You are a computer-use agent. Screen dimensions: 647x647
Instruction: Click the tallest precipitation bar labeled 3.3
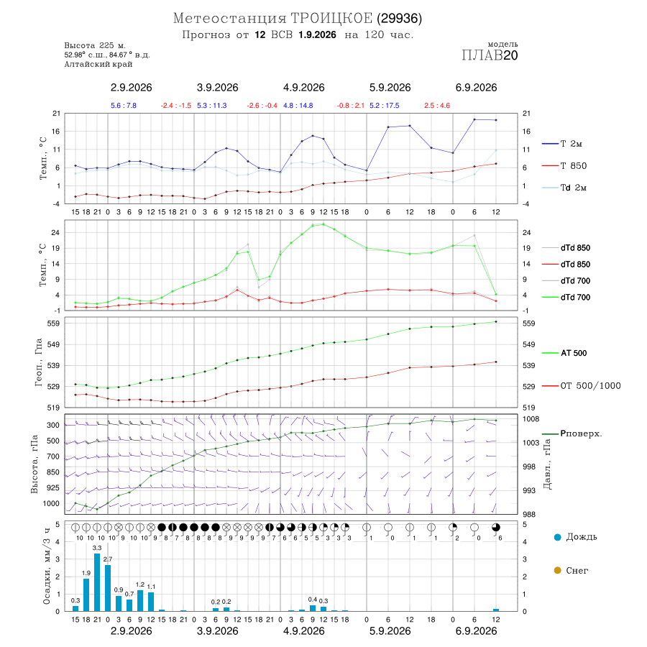pyautogui.click(x=97, y=582)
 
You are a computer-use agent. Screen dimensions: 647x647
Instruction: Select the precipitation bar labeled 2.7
pyautogui.click(x=108, y=588)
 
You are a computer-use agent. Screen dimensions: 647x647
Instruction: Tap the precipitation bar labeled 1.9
pyautogui.click(x=86, y=595)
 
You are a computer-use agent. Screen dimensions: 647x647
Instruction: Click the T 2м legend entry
pyautogui.click(x=562, y=144)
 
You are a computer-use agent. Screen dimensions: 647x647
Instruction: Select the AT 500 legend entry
pyautogui.click(x=564, y=353)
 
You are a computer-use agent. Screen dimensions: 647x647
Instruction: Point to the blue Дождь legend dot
pyautogui.click(x=557, y=537)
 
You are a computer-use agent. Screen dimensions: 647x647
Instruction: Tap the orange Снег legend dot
pyautogui.click(x=557, y=570)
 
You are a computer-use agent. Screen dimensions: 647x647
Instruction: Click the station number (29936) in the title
pyautogui.click(x=399, y=19)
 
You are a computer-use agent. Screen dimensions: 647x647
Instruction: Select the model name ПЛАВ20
pyautogui.click(x=490, y=55)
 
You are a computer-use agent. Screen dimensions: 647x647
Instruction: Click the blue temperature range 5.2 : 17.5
pyautogui.click(x=384, y=106)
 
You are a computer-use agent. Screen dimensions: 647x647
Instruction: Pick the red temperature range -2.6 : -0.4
pyautogui.click(x=262, y=106)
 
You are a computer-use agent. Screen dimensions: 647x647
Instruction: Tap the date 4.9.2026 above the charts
pyautogui.click(x=303, y=88)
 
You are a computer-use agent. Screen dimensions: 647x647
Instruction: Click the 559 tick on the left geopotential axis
pyautogui.click(x=53, y=323)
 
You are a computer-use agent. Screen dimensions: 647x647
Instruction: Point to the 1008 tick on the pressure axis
pyautogui.click(x=531, y=419)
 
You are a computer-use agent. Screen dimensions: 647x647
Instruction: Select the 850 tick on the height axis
pyautogui.click(x=52, y=472)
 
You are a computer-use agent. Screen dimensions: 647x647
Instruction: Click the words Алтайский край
pyautogui.click(x=98, y=65)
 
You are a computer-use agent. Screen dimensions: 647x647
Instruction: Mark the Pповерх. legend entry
pyautogui.click(x=572, y=433)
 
